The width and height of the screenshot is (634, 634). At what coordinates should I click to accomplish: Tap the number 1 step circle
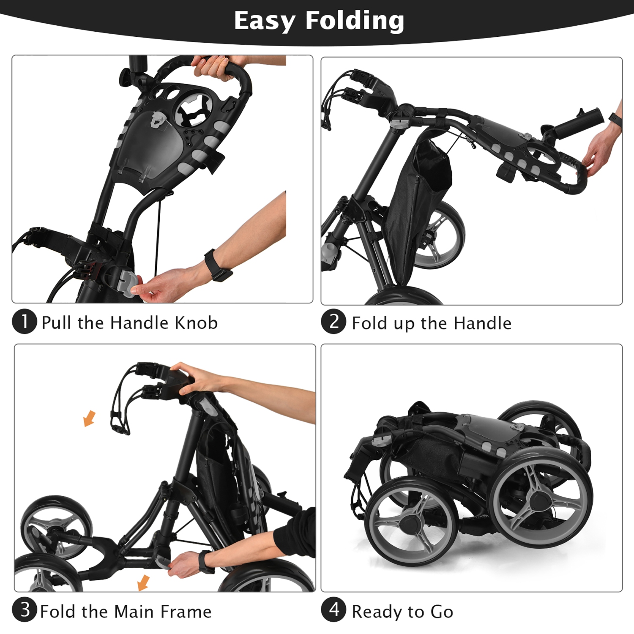click(x=25, y=322)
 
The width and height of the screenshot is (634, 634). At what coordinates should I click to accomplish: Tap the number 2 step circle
click(x=333, y=322)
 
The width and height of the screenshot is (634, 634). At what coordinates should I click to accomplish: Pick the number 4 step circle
click(x=333, y=610)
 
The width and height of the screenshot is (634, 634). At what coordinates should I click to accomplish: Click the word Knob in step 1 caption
click(x=196, y=323)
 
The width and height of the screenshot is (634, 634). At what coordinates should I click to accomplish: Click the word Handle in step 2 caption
click(x=482, y=323)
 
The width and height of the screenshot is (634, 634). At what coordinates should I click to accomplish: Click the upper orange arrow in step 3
click(x=89, y=418)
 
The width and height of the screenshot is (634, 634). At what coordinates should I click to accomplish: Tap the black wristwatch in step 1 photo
click(x=218, y=265)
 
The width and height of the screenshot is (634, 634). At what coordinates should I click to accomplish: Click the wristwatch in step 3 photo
click(x=205, y=562)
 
